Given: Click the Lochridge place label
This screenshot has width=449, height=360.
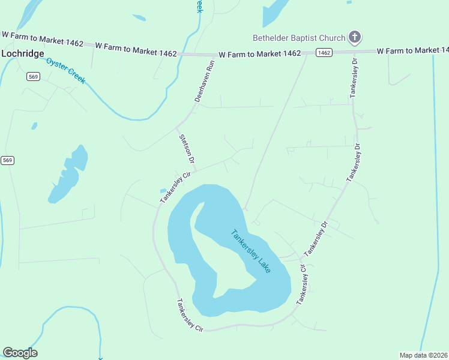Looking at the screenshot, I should coord(23,53).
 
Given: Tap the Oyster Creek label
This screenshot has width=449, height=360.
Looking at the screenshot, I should coord(67,70).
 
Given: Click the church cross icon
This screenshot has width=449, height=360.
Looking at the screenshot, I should coord(355,37).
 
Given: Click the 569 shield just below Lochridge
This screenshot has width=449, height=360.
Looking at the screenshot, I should coord(34,76).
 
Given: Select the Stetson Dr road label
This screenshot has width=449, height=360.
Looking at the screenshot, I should coord(187,149).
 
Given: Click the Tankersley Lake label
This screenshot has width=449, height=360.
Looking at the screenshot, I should coord(251,251).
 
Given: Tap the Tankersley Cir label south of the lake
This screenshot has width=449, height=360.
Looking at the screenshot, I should coord(191,316).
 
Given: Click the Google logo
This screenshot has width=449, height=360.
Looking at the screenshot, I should coord(20,353).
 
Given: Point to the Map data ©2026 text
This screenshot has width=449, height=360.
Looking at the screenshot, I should coord(424,355).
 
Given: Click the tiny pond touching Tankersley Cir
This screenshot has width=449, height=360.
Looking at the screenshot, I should coord(163,191).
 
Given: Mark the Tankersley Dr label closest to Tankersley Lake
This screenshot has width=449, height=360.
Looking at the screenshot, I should coord(318,237).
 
